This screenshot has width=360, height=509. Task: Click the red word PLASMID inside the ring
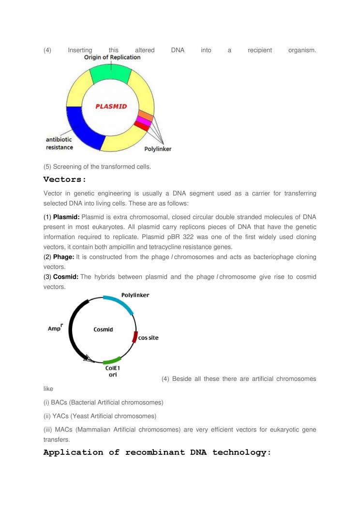111,106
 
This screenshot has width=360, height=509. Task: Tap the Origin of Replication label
112,57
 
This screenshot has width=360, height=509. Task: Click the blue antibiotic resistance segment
83,127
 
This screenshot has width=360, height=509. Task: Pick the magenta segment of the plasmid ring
144,121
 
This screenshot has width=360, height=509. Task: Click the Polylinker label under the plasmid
158,149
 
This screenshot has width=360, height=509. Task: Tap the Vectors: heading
64,180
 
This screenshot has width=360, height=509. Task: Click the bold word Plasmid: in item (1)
66,216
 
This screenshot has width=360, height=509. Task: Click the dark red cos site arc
135,337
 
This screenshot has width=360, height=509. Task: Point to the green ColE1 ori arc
112,361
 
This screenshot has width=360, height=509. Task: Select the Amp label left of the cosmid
54,329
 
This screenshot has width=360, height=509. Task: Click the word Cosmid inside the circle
103,329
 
